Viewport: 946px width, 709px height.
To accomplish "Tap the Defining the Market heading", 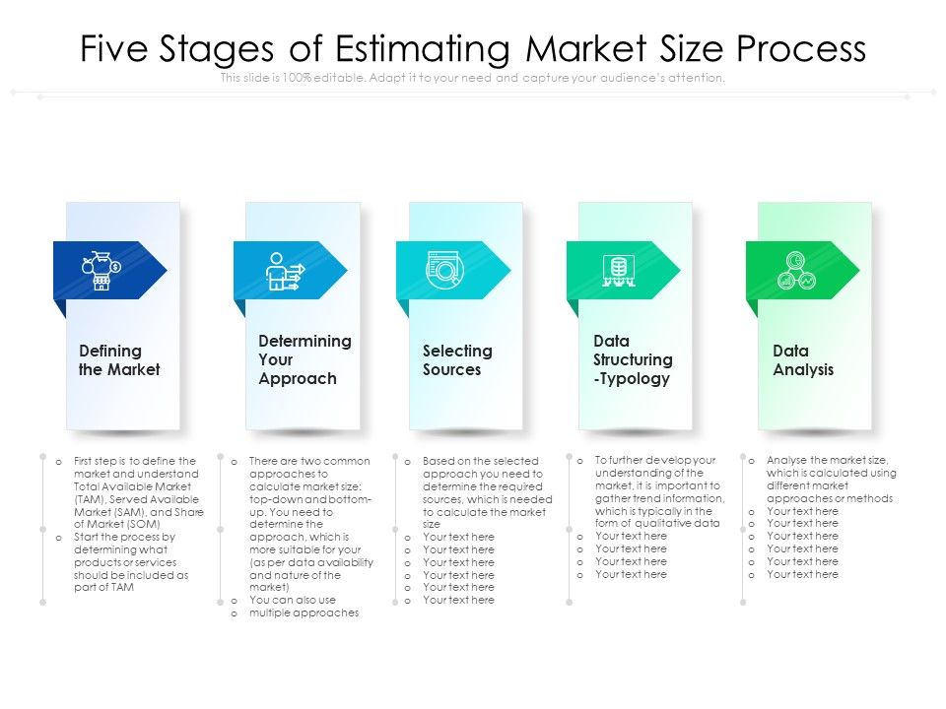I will coord(118,360).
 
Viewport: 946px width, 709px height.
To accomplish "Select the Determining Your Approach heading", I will coord(304,359).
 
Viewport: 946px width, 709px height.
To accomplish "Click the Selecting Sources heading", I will coord(457,360).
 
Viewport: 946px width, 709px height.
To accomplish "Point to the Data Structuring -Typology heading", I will coord(633,359).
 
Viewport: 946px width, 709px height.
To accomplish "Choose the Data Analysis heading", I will coord(802,360).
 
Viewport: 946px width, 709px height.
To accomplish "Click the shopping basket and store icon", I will coord(101,270).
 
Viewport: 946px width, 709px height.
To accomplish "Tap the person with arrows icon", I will coord(284,271).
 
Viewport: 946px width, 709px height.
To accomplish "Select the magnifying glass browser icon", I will coord(444,270).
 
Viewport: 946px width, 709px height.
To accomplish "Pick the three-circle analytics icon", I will coord(796,270).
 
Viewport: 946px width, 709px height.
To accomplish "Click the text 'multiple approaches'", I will coord(304,612).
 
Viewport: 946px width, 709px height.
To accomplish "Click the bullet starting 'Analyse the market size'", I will coord(831,479).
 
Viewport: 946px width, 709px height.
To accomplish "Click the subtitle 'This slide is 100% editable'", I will coord(473,78).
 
